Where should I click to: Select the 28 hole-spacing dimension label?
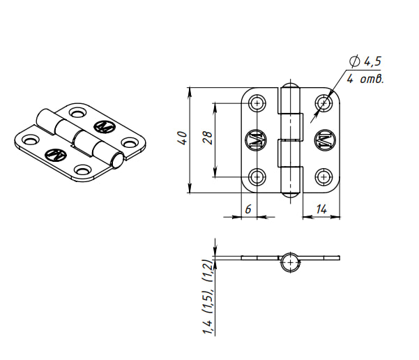[x=207, y=138]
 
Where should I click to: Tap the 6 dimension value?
[x=247, y=209]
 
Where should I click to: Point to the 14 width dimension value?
[x=322, y=209]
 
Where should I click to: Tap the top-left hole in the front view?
[x=258, y=103]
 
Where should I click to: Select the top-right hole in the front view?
[x=323, y=103]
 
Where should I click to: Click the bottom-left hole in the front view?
[x=258, y=177]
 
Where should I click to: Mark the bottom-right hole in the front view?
[x=323, y=177]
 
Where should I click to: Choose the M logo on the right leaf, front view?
[x=324, y=140]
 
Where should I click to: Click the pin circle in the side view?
[x=291, y=262]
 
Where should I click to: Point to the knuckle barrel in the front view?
[x=291, y=140]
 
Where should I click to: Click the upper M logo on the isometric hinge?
[x=103, y=126]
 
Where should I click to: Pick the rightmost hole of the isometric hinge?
[x=129, y=142]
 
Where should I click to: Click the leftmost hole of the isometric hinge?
[x=29, y=140]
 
